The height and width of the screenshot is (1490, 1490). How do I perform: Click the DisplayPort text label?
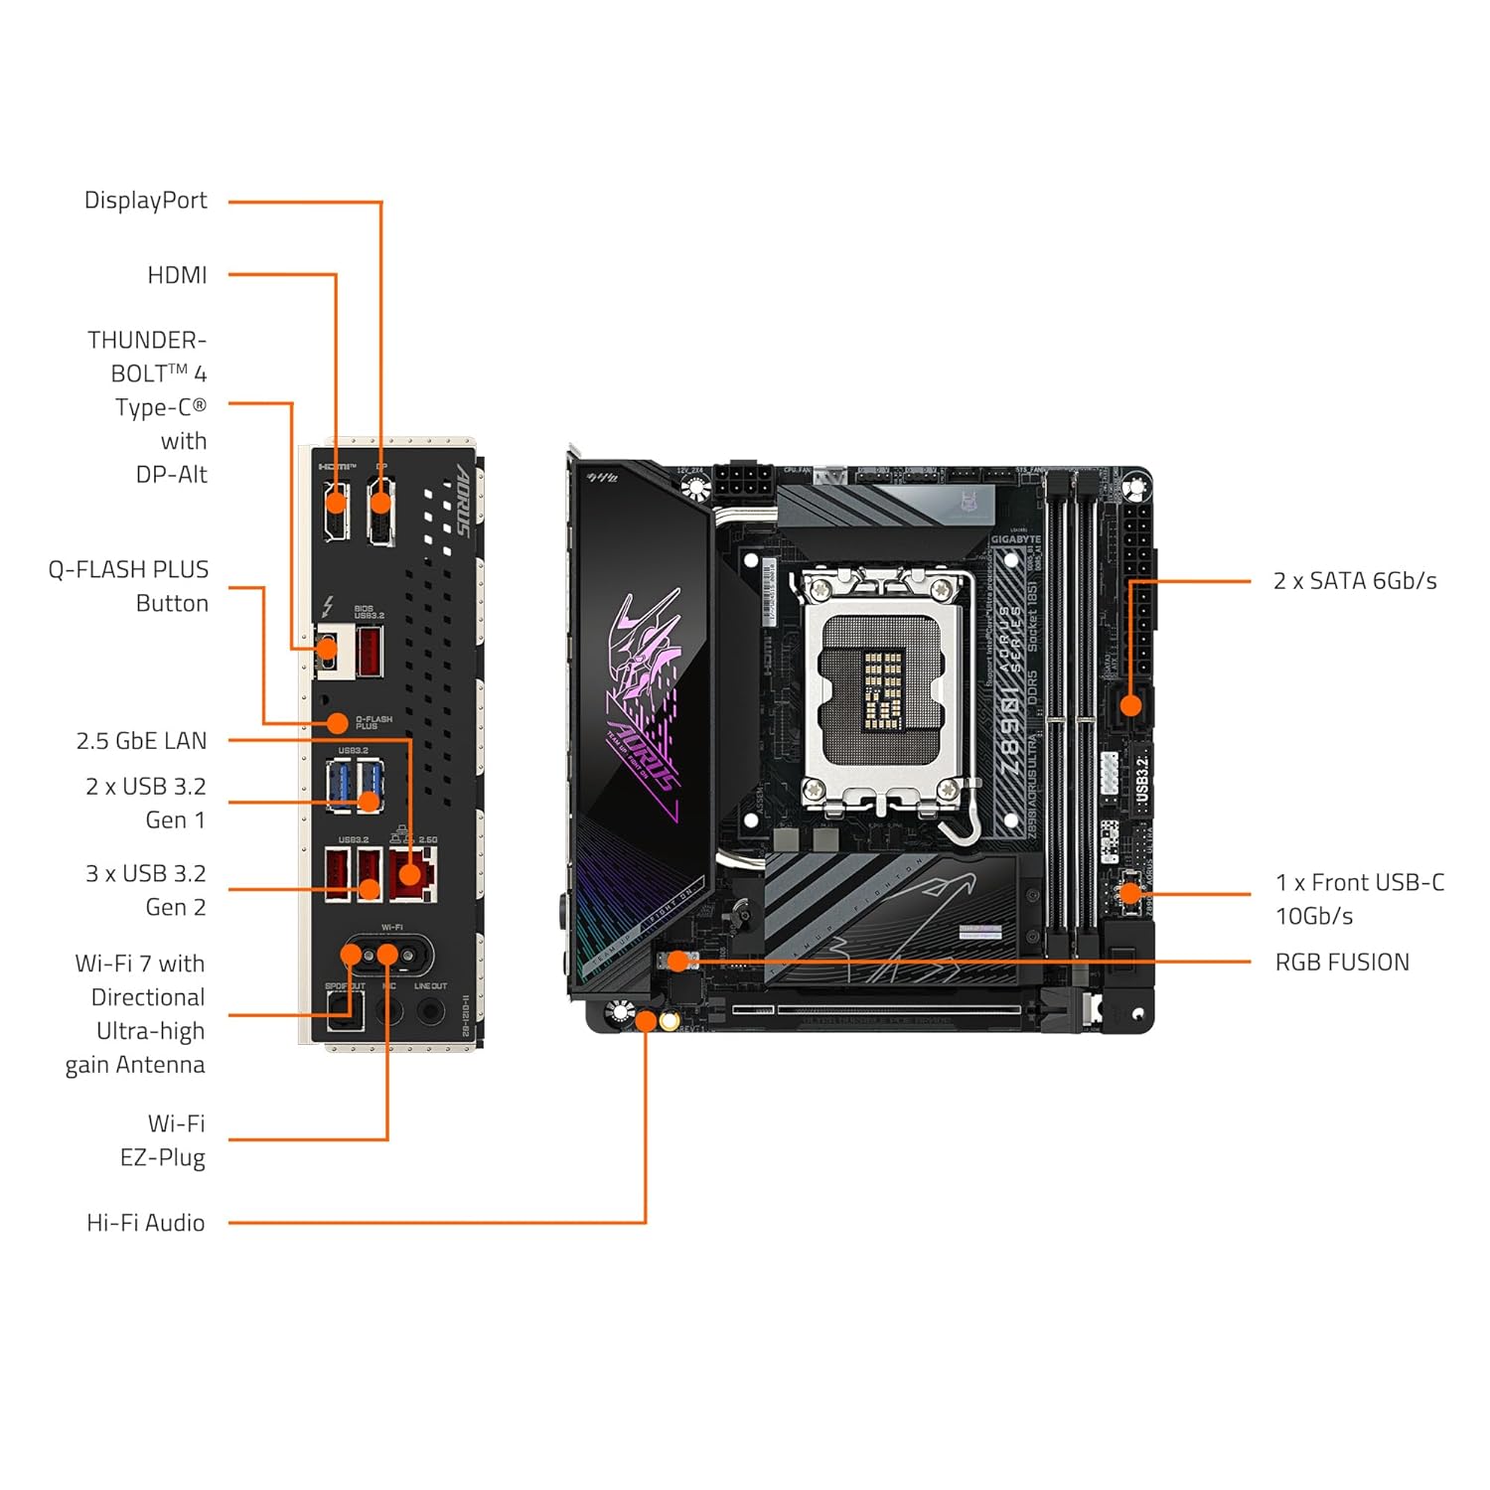pos(146,201)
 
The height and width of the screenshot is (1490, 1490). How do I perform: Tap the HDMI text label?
pos(177,275)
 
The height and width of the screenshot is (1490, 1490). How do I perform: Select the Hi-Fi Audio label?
pos(146,1223)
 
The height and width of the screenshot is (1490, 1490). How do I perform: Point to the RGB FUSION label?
pos(1341,963)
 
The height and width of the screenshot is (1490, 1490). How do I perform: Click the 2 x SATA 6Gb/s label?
pos(1354,581)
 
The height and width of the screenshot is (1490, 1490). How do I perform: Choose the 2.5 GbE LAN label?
pos(142,741)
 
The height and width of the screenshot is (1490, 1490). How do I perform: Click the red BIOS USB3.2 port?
pos(369,652)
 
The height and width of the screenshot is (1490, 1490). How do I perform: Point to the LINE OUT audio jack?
pos(430,1011)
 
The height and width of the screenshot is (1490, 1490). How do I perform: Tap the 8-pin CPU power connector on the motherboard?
pos(742,486)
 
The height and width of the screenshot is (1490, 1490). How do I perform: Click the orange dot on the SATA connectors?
pos(1130,706)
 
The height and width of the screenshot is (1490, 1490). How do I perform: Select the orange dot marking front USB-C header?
pos(1129,893)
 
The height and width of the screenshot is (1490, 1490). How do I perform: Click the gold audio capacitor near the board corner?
pos(670,1021)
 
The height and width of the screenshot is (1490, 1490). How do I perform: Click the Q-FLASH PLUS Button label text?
pos(129,586)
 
